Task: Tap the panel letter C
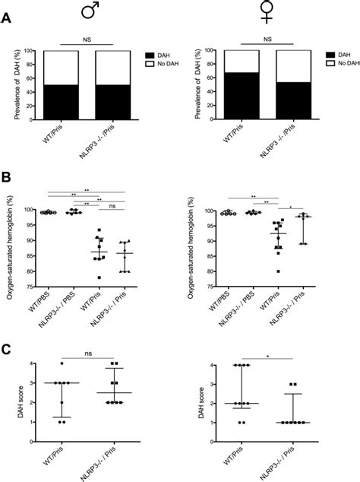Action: pyautogui.click(x=7, y=350)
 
